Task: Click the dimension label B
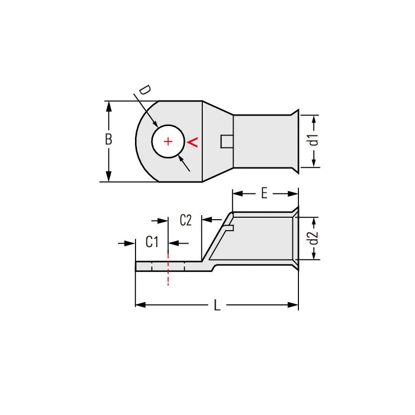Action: pyautogui.click(x=109, y=139)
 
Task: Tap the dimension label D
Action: pyautogui.click(x=145, y=90)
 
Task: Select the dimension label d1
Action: pyautogui.click(x=314, y=139)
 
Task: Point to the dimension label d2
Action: pyautogui.click(x=314, y=238)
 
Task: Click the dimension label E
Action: pyautogui.click(x=264, y=193)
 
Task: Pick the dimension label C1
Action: pyautogui.click(x=152, y=242)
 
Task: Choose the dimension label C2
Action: pyautogui.click(x=185, y=220)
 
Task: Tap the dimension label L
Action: pyautogui.click(x=217, y=305)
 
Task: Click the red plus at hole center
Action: pyautogui.click(x=168, y=141)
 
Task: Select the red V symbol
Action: pyautogui.click(x=192, y=142)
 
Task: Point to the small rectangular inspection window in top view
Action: pyautogui.click(x=227, y=141)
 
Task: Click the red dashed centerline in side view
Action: pyautogui.click(x=168, y=268)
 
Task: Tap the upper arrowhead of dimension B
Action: pyautogui.click(x=109, y=106)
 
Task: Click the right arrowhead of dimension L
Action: pyautogui.click(x=293, y=305)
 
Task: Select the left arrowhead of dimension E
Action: pyautogui.click(x=238, y=194)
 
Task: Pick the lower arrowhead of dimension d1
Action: pyautogui.click(x=314, y=162)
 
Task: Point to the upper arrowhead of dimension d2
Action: pyautogui.click(x=314, y=223)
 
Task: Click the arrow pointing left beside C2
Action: pyautogui.click(x=212, y=219)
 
